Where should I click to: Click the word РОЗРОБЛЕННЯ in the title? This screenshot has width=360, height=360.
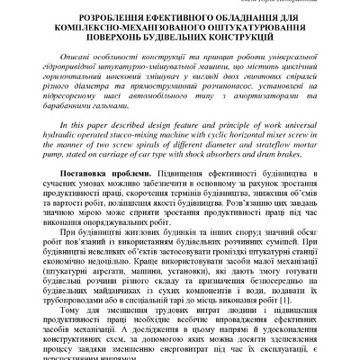click(96, 18)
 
